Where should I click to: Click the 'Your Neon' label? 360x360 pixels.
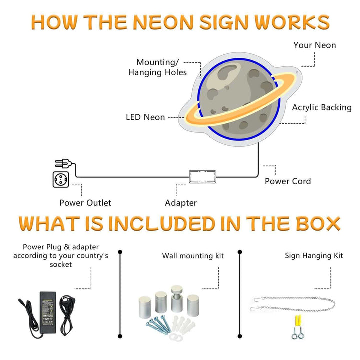coord(314,45)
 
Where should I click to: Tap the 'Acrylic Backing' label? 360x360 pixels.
coord(322,107)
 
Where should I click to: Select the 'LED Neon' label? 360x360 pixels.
coord(145,117)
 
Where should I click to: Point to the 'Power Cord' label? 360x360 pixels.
coord(288,181)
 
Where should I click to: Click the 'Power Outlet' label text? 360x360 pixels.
coord(85,203)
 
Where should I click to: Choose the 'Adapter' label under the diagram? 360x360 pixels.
coord(181,203)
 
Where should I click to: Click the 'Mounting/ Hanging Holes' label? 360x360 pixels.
coord(157,67)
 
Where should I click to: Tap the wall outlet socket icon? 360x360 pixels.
coord(60,179)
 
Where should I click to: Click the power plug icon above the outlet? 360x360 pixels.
coord(64,163)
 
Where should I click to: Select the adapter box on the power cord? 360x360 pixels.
coord(202,177)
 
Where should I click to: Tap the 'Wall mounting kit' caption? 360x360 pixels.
coord(193,256)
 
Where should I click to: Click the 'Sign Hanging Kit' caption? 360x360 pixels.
coord(314,256)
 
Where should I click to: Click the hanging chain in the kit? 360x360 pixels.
coord(295,303)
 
